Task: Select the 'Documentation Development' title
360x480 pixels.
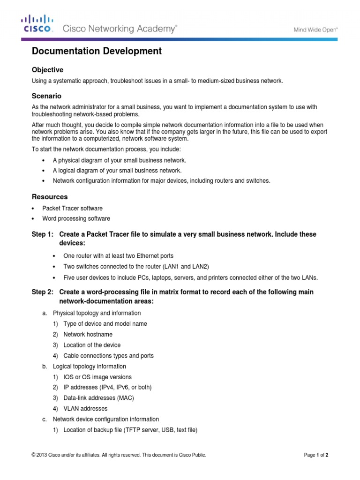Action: pos(97,52)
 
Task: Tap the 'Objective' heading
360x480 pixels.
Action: pos(47,70)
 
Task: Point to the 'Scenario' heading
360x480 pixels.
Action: pos(46,96)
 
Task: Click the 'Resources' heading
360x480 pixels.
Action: pos(50,197)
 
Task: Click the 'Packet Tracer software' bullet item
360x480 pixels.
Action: pos(73,208)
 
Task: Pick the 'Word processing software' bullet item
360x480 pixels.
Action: pos(76,218)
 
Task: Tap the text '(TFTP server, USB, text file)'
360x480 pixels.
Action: pos(161,430)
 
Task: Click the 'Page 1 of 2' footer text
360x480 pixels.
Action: pos(319,455)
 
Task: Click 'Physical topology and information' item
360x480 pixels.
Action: pos(97,313)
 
